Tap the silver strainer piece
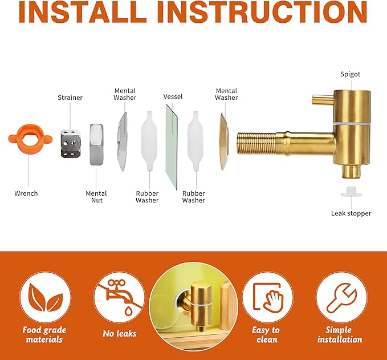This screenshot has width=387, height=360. point(70,143)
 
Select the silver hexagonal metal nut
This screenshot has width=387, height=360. point(96,144)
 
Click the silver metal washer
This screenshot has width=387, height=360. point(123,141)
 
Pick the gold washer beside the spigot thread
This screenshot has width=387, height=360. point(225,141)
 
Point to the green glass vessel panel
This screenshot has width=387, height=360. point(172,147)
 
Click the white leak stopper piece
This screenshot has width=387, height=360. point(352,192)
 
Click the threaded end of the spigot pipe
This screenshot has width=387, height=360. point(256,144)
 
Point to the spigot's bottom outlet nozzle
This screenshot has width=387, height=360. point(351,172)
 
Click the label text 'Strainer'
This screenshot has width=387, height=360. point(70,98)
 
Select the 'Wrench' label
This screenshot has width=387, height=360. point(26,193)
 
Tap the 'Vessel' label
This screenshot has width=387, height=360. point(173,96)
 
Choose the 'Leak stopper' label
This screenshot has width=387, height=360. point(351,213)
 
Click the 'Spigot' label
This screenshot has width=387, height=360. point(350,74)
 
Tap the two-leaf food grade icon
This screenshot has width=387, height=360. point(46,297)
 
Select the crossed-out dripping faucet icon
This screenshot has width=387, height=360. point(120,297)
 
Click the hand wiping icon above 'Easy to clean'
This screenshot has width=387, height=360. point(267,297)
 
